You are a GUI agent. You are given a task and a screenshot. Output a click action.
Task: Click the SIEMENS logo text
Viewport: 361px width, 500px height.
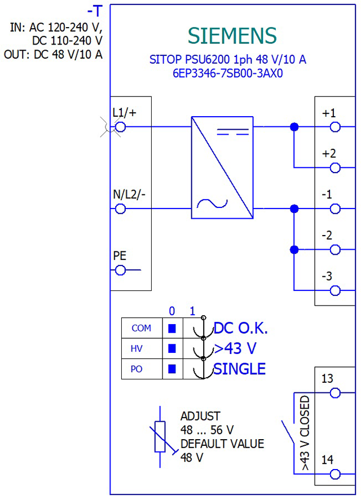[232, 36]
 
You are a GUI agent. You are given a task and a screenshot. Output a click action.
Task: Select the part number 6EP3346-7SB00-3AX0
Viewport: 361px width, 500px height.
[227, 74]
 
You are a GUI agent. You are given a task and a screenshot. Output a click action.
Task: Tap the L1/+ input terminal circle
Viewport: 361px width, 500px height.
[120, 127]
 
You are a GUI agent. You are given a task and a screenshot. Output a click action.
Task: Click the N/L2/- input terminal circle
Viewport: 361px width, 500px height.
[120, 209]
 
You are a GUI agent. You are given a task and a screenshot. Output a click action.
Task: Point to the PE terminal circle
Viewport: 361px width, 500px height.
[120, 271]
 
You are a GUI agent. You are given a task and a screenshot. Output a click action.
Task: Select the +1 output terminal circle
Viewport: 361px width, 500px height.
[335, 127]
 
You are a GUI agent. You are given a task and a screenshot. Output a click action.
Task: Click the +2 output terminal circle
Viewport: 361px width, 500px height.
[335, 168]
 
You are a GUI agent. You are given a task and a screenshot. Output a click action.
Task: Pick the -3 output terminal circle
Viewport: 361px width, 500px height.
[335, 291]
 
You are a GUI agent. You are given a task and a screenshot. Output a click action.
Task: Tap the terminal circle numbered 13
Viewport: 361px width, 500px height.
[335, 393]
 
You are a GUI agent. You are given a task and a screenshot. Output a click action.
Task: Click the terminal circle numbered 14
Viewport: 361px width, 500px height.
[335, 475]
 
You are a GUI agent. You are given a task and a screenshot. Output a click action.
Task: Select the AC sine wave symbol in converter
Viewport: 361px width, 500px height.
[212, 203]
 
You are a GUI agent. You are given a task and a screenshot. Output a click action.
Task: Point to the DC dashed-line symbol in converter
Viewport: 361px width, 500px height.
[233, 132]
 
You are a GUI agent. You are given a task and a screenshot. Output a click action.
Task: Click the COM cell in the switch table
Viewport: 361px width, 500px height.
[142, 328]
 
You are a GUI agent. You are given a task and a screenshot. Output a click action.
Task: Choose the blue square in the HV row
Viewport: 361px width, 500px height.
[172, 348]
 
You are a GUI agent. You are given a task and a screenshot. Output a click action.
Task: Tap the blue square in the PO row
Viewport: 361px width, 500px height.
[172, 369]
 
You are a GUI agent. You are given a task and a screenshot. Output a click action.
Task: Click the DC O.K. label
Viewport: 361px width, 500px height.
[241, 328]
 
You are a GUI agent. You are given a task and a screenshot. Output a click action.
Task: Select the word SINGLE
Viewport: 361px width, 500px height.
[239, 369]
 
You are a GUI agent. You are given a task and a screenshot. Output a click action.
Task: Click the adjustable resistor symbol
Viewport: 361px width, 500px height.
[160, 436]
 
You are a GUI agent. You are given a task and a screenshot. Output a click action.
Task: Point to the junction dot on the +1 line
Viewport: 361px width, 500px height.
[294, 127]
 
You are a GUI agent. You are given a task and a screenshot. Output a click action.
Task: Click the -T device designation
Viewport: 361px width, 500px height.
[95, 11]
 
